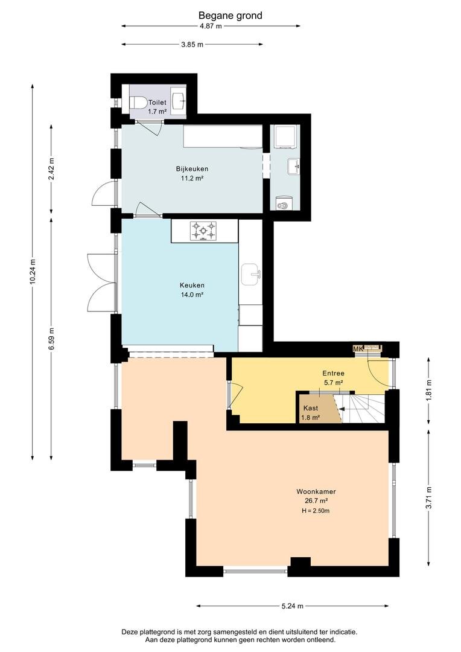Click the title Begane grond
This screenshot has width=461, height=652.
(230, 16)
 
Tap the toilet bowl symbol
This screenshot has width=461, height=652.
(138, 102)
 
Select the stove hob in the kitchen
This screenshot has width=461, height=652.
(203, 231)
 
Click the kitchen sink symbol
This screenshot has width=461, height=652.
(250, 275)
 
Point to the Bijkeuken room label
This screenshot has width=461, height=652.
(192, 169)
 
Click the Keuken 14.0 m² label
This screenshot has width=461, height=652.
(192, 290)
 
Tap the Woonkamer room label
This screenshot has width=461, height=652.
(316, 491)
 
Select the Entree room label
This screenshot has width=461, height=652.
(334, 374)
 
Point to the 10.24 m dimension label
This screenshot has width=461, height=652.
(33, 272)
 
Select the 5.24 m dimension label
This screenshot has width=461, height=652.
(292, 606)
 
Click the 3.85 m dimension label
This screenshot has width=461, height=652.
(192, 45)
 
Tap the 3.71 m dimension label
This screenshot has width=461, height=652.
(428, 497)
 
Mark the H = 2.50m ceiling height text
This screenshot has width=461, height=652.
(316, 511)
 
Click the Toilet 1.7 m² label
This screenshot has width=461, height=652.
(157, 107)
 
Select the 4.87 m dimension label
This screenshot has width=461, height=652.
(211, 26)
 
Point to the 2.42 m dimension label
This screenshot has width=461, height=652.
(51, 169)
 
